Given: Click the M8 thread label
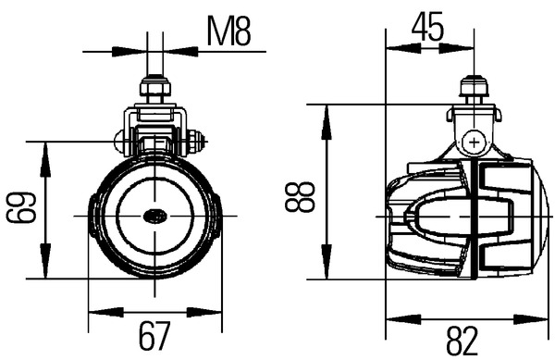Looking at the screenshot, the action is point(228,31).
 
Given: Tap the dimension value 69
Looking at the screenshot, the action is point(21,207).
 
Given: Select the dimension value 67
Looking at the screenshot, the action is point(154,335).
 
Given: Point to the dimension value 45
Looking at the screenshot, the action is point(427,27).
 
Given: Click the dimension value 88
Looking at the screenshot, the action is point(300,197).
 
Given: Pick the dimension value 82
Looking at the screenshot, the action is point(462,341).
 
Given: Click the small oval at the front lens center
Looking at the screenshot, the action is point(155,216).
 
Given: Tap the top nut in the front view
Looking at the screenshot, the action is point(155,87).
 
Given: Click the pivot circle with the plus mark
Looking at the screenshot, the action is point(474,143).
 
